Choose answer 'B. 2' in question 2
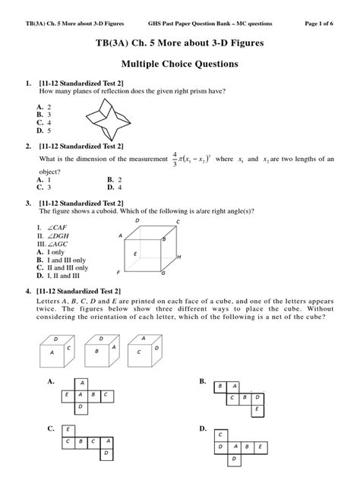(115, 180)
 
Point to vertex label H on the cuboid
(178, 257)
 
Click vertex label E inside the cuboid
(134, 254)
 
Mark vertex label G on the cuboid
(163, 272)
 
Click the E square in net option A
(68, 395)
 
